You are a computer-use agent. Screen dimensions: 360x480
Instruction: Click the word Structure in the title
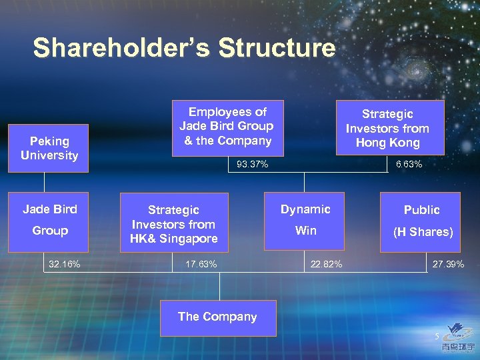click(277, 48)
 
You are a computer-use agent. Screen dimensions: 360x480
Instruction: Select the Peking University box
click(49, 148)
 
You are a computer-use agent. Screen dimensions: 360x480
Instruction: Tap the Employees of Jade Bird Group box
click(227, 127)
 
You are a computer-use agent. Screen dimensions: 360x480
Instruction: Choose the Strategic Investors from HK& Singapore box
click(173, 224)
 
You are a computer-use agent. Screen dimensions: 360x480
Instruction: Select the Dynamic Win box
click(305, 220)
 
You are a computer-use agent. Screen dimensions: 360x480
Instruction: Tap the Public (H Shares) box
click(421, 221)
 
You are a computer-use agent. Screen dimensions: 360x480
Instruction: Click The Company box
click(217, 317)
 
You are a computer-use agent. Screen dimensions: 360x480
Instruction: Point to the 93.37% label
click(253, 165)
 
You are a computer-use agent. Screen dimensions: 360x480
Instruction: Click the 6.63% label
click(408, 165)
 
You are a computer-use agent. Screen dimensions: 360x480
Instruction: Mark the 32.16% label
click(65, 265)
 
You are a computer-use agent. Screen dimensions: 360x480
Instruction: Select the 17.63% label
click(201, 265)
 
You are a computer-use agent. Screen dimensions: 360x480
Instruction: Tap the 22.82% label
click(327, 265)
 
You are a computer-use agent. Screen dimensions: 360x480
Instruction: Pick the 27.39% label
click(448, 265)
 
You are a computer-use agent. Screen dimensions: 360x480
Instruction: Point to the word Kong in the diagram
click(405, 143)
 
